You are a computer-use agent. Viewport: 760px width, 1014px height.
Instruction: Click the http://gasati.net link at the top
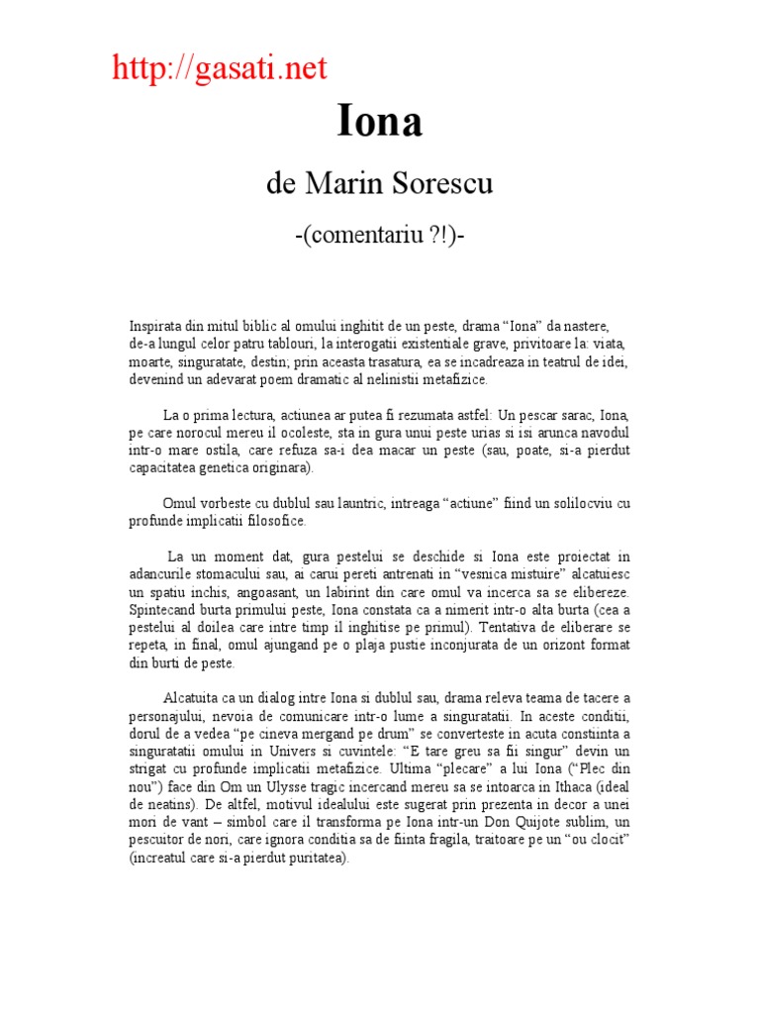[x=219, y=68]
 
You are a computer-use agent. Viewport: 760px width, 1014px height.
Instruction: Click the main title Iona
[x=380, y=122]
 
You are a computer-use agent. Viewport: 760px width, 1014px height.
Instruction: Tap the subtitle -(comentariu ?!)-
[x=379, y=240]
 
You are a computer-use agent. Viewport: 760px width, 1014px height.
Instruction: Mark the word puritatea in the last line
[x=315, y=859]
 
